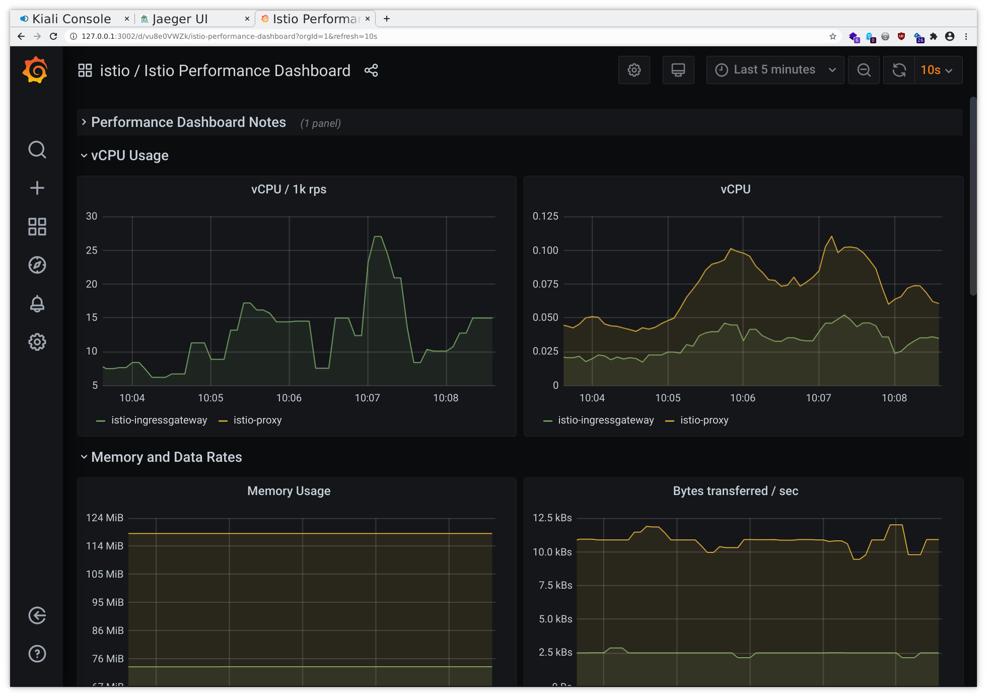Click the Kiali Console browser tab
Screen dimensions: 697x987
click(71, 19)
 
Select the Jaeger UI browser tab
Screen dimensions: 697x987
click(180, 19)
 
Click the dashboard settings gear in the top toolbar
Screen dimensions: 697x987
click(634, 70)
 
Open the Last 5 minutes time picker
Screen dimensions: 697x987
click(775, 70)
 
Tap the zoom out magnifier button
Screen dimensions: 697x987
click(864, 70)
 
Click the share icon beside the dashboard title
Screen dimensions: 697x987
click(371, 71)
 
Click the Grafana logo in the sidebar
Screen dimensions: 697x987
click(36, 70)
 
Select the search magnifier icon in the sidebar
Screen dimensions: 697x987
click(37, 150)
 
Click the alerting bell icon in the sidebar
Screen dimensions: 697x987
click(37, 304)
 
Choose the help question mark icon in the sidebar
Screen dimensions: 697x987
click(37, 654)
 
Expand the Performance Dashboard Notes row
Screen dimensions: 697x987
click(188, 122)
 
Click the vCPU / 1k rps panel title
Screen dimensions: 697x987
click(289, 189)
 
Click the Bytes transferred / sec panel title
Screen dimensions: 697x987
click(735, 491)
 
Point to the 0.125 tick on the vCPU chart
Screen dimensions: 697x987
click(545, 217)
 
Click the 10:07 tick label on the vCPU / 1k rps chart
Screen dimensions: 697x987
click(367, 398)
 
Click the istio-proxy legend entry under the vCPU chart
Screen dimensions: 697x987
click(703, 420)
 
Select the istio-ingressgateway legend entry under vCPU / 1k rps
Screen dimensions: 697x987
click(159, 420)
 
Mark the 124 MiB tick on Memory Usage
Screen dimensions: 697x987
click(105, 518)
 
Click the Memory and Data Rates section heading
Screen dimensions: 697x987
click(166, 457)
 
